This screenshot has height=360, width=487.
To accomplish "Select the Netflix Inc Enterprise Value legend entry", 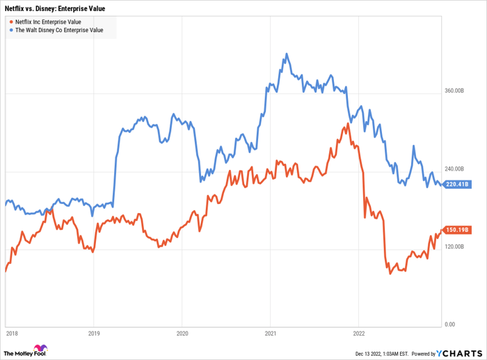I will coord(48,22).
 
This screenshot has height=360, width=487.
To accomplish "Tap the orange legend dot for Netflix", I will coord(10,22).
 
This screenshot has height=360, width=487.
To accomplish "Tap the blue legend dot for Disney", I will coord(10,30).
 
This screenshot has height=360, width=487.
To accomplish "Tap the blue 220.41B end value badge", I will coord(458,185).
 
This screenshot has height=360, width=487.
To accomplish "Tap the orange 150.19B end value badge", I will coord(458,230).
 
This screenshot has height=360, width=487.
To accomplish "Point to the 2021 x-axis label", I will coord(270,333).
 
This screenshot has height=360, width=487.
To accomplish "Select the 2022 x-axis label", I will coord(358,333).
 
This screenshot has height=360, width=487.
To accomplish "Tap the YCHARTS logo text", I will coord(459,352).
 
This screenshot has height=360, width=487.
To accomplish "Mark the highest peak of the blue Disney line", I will coord(286,53).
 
